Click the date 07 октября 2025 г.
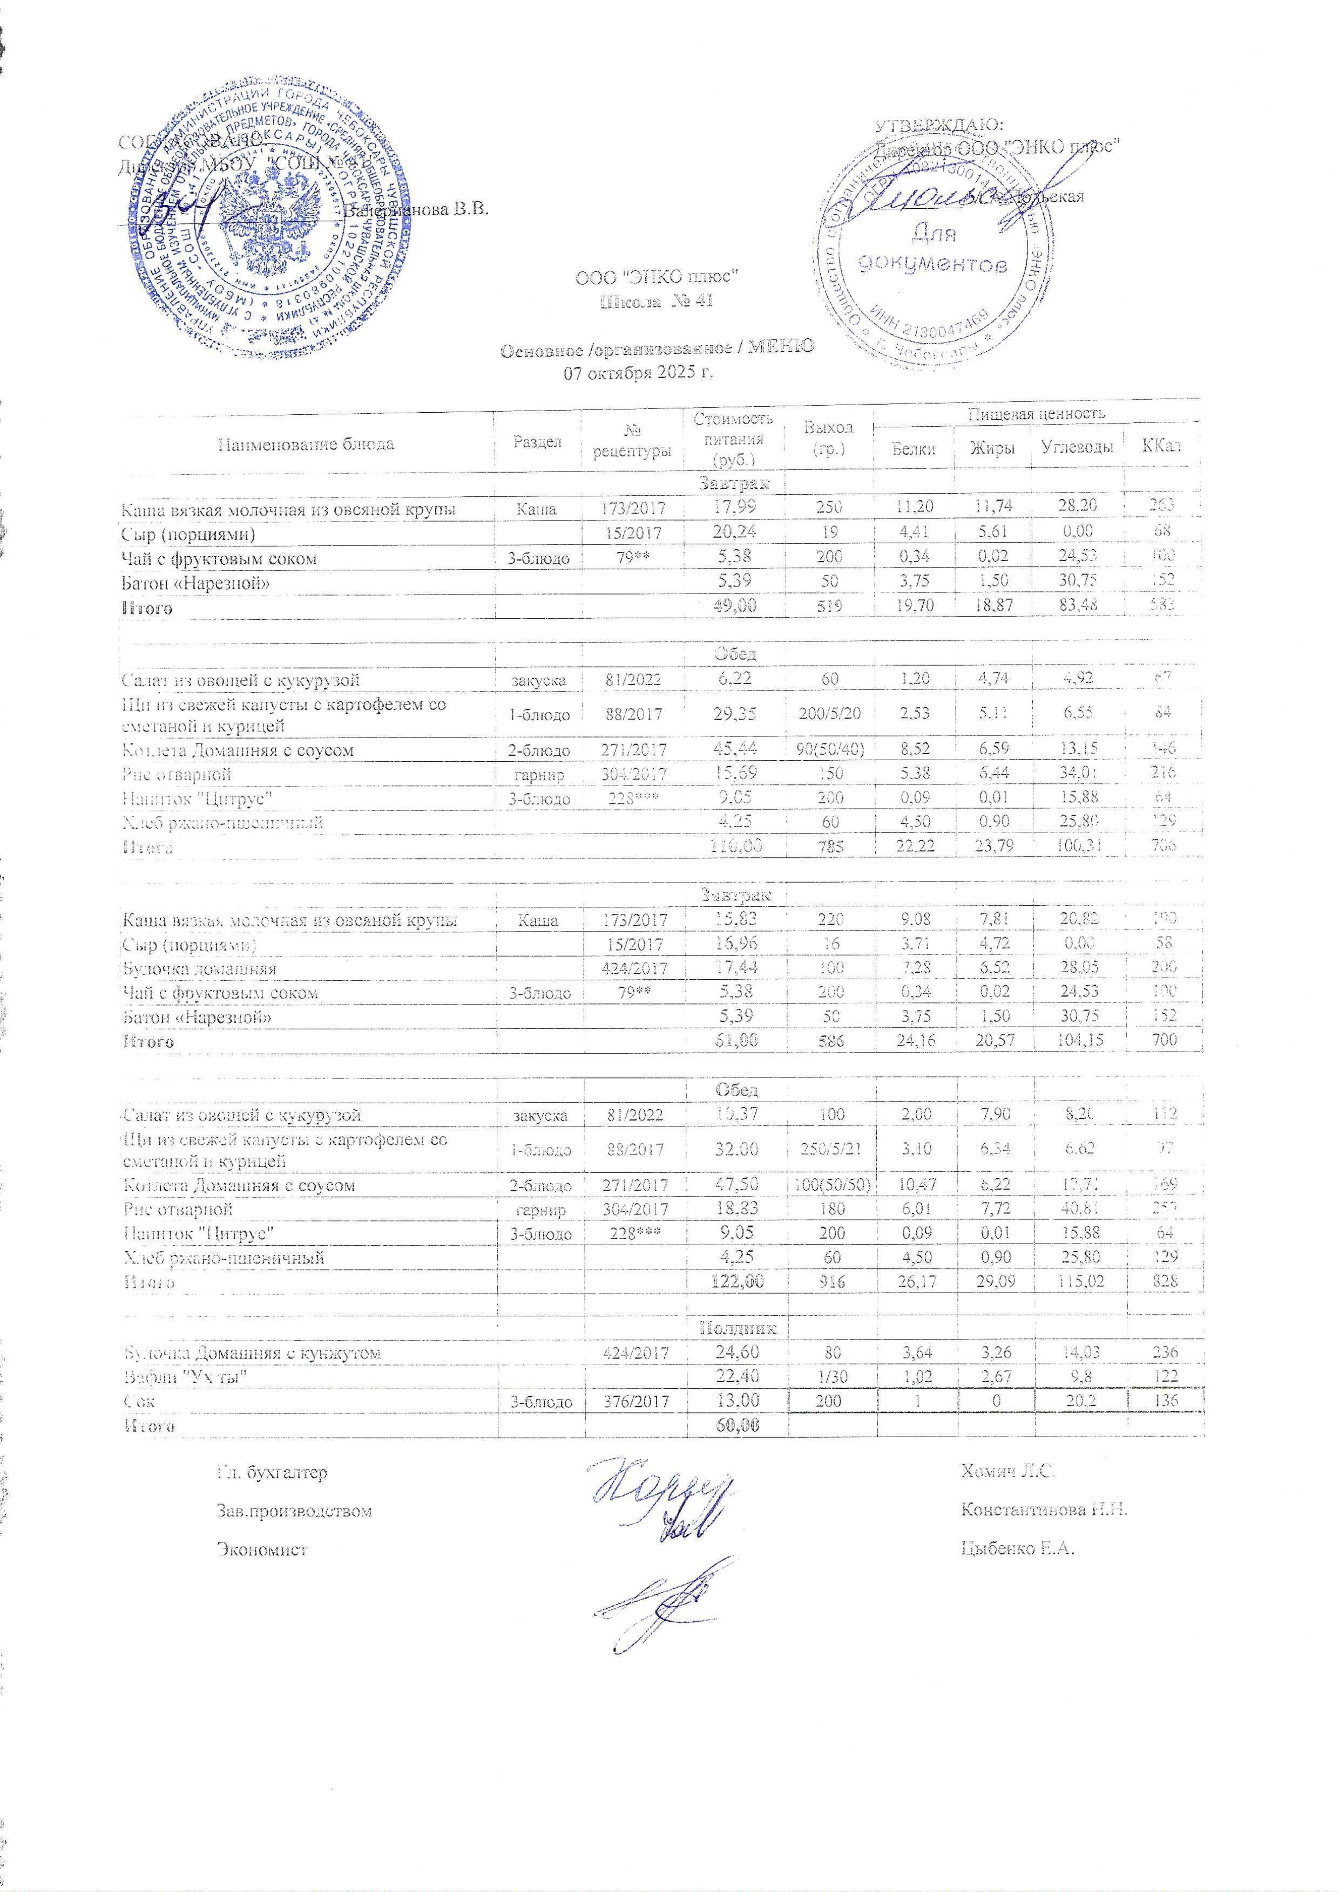tap(637, 372)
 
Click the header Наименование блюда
tap(306, 444)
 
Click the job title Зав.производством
tap(294, 1511)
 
